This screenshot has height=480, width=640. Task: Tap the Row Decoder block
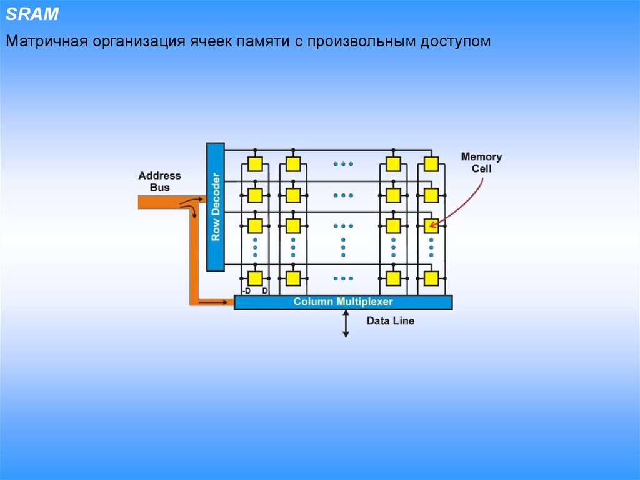pyautogui.click(x=215, y=207)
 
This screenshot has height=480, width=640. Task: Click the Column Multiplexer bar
pyautogui.click(x=343, y=302)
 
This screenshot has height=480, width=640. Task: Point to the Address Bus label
pyautogui.click(x=159, y=181)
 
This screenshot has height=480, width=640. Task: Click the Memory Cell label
pyautogui.click(x=481, y=163)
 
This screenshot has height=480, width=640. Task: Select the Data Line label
pyautogui.click(x=390, y=321)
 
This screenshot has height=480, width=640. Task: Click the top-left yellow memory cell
pyautogui.click(x=254, y=165)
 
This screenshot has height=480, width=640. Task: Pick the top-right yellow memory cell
pyautogui.click(x=431, y=165)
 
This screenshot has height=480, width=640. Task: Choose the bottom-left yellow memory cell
pyautogui.click(x=254, y=278)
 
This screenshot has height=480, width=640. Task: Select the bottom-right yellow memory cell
pyautogui.click(x=431, y=278)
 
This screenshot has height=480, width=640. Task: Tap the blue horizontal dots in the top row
pyautogui.click(x=343, y=164)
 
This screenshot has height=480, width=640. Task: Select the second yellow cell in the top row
pyautogui.click(x=292, y=165)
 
